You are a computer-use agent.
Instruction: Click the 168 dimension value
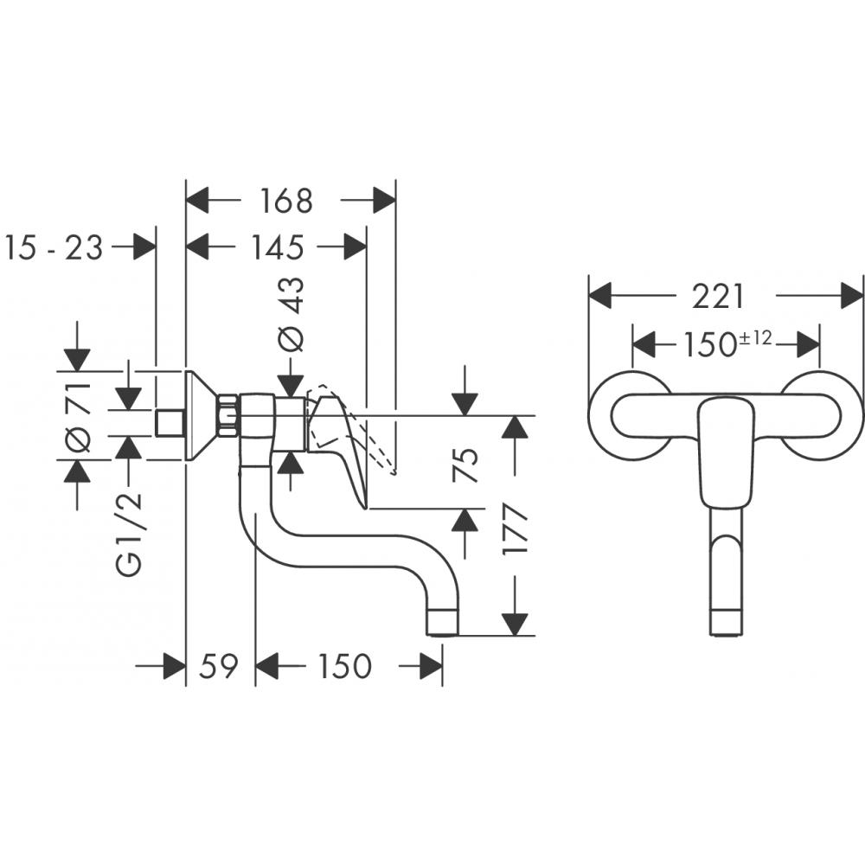(x=286, y=202)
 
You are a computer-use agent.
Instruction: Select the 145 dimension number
(x=278, y=248)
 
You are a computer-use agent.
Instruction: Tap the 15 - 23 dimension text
(x=54, y=248)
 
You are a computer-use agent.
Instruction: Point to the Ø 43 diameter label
(x=292, y=314)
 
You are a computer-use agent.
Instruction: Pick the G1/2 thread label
(x=130, y=536)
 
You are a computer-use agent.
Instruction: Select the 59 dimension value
(x=219, y=666)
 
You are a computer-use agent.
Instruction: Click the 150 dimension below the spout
(x=344, y=666)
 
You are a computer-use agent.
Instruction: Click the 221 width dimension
(x=718, y=297)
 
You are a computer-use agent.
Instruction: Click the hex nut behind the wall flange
(x=229, y=415)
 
